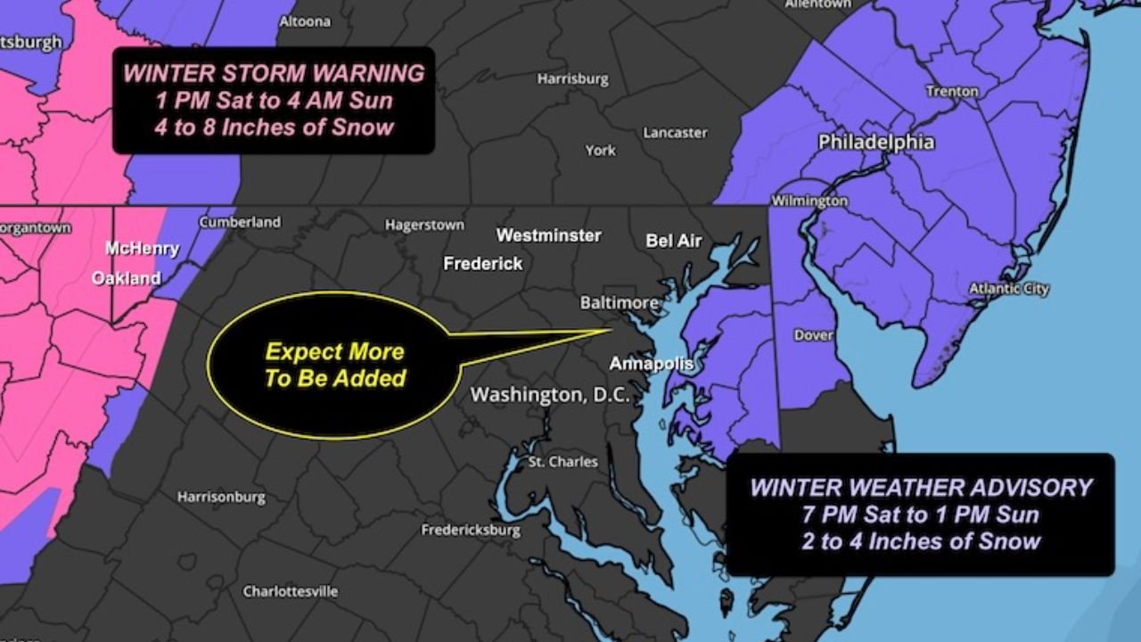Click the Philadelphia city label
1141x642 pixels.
pyautogui.click(x=876, y=143)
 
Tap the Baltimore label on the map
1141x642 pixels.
pyautogui.click(x=619, y=303)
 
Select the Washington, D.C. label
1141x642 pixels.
pyautogui.click(x=550, y=395)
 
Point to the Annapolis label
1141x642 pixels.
pyautogui.click(x=651, y=364)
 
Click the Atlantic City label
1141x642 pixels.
pyautogui.click(x=1009, y=289)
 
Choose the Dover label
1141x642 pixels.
pyautogui.click(x=813, y=335)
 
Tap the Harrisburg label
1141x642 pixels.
pyautogui.click(x=572, y=79)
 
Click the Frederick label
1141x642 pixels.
pyautogui.click(x=483, y=264)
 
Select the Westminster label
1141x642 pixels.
pyautogui.click(x=548, y=236)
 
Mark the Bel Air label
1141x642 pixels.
pyautogui.click(x=674, y=241)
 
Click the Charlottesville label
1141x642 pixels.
pyautogui.click(x=291, y=591)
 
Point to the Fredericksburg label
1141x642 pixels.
pyautogui.click(x=471, y=531)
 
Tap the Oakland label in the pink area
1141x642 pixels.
pyautogui.click(x=127, y=278)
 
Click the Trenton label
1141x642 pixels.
pyautogui.click(x=952, y=92)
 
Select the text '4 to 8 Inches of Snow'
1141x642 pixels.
pyautogui.click(x=274, y=127)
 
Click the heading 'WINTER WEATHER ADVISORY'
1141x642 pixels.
pyautogui.click(x=921, y=488)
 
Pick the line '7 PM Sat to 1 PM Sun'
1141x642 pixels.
pyautogui.click(x=921, y=514)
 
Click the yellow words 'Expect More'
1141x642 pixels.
pyautogui.click(x=334, y=351)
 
